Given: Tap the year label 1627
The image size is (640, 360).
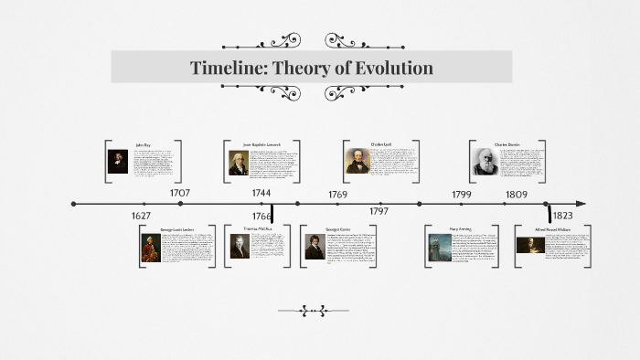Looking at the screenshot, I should coord(141,217).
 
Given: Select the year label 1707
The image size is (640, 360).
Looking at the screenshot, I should coord(180,193).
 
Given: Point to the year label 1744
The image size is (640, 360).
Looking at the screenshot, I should coord(261,193).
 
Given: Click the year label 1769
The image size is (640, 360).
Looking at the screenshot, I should coord(338,195).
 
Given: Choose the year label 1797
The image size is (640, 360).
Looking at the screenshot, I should coord(379,211).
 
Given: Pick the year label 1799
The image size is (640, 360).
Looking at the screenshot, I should coord(461,195).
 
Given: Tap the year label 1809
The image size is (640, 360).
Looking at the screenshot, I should coord(516,195).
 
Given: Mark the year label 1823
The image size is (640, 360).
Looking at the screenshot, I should coord(563,217).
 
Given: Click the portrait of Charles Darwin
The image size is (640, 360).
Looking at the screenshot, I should coord(485,162).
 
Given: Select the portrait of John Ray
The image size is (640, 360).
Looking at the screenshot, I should coord(118,162).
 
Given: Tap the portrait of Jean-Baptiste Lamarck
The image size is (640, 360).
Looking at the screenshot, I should coord(239,163).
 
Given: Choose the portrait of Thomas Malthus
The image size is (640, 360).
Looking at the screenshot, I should coord(240,247).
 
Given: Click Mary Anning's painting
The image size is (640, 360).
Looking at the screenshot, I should coord(439,248).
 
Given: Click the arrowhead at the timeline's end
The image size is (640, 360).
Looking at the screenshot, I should coord(581,204).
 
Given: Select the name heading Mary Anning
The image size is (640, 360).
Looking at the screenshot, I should coord(460,229).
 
